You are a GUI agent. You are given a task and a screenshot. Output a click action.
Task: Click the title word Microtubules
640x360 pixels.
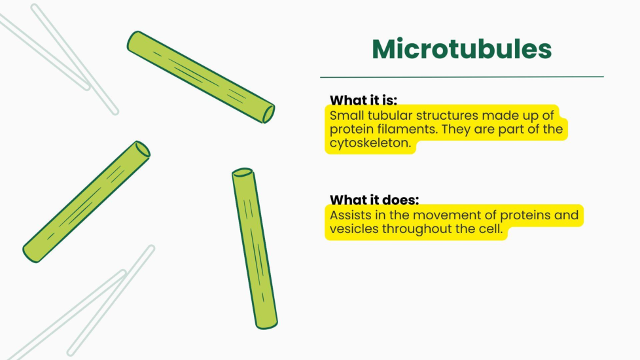point(461,49)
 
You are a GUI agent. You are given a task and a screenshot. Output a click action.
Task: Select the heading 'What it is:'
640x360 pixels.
point(363,100)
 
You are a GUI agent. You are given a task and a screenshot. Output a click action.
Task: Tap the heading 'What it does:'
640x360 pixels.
point(374,200)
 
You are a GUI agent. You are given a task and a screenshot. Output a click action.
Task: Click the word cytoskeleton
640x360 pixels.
point(370,143)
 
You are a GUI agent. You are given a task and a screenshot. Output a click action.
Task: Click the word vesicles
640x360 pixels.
point(354,228)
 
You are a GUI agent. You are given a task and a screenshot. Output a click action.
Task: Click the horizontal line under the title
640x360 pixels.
point(461,77)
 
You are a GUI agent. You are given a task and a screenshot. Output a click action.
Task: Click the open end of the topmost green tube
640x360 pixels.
point(268,115)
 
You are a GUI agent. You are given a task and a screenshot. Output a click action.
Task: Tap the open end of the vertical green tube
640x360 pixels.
point(242,172)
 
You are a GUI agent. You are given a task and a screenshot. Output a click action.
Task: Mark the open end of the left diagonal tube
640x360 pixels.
point(143,149)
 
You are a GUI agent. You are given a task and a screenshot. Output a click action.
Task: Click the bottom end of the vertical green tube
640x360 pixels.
point(267,326)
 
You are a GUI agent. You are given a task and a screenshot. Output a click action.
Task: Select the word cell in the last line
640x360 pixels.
point(491,228)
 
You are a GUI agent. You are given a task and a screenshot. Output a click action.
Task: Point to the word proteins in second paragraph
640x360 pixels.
point(525,215)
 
